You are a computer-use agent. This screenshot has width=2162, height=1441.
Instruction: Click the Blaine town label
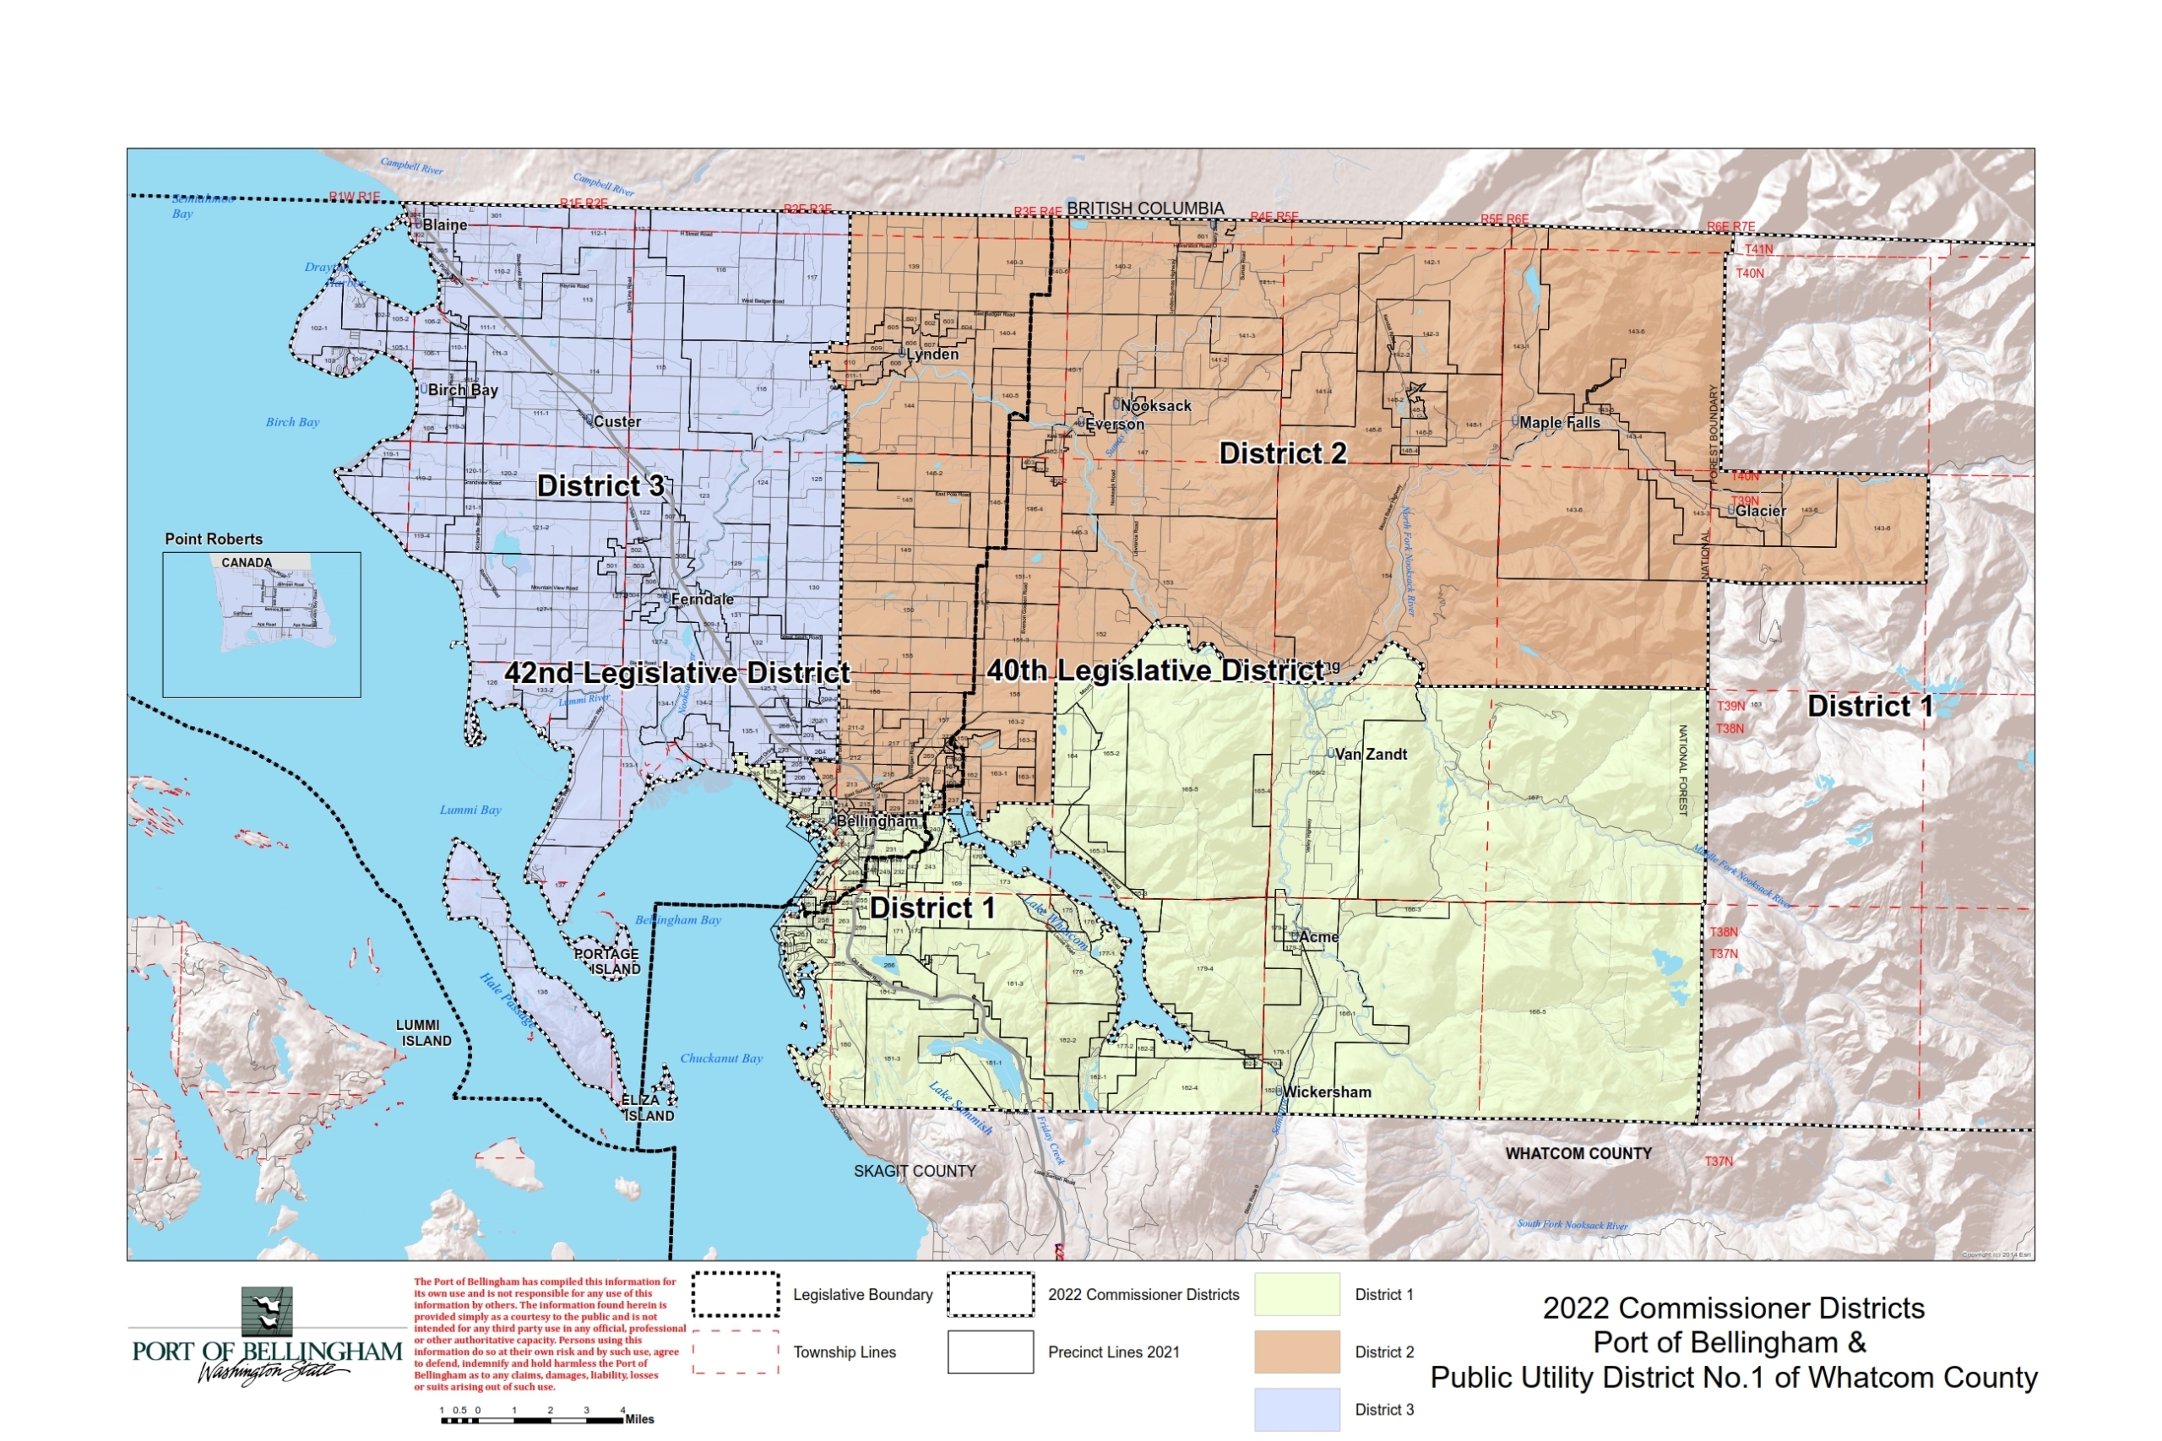[444, 225]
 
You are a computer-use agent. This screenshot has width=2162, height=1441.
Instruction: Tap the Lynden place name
[932, 355]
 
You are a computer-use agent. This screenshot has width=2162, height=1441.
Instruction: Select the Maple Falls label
[1559, 423]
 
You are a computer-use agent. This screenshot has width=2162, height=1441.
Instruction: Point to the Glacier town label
[1760, 511]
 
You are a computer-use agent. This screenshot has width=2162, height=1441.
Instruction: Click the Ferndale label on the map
[703, 599]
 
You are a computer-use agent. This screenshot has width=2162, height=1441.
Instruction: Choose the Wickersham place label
[1327, 1092]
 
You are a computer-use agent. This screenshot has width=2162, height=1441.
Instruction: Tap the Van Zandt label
[1371, 755]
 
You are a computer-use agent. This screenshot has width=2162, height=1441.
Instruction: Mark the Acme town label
[1318, 937]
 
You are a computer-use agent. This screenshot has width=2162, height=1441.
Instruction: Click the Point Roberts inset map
[261, 625]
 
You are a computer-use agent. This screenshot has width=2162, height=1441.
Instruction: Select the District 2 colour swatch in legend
[1297, 1352]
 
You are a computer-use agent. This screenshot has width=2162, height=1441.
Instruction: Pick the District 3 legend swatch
[1297, 1409]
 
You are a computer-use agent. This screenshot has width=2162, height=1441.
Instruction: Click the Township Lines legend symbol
[736, 1352]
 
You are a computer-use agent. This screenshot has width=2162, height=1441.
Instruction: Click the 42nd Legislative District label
[676, 673]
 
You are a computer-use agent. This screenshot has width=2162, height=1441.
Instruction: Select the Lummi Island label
[424, 1033]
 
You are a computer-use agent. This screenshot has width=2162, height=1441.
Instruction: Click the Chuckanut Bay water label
[720, 1059]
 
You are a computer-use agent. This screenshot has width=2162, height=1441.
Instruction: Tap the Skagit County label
[914, 1172]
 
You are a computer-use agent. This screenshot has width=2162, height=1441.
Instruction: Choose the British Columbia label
[1144, 209]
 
